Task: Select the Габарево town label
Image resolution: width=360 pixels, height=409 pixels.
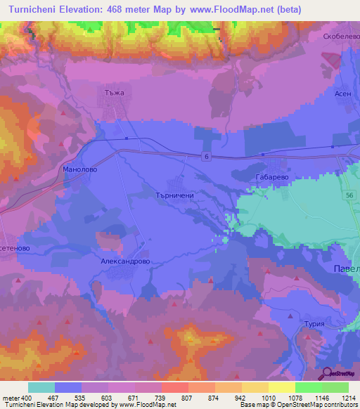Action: [271, 178]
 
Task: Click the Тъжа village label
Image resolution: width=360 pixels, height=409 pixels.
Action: [113, 92]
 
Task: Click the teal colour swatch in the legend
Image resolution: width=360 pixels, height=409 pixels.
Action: [41, 387]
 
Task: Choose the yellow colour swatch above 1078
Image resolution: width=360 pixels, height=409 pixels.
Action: [282, 387]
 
